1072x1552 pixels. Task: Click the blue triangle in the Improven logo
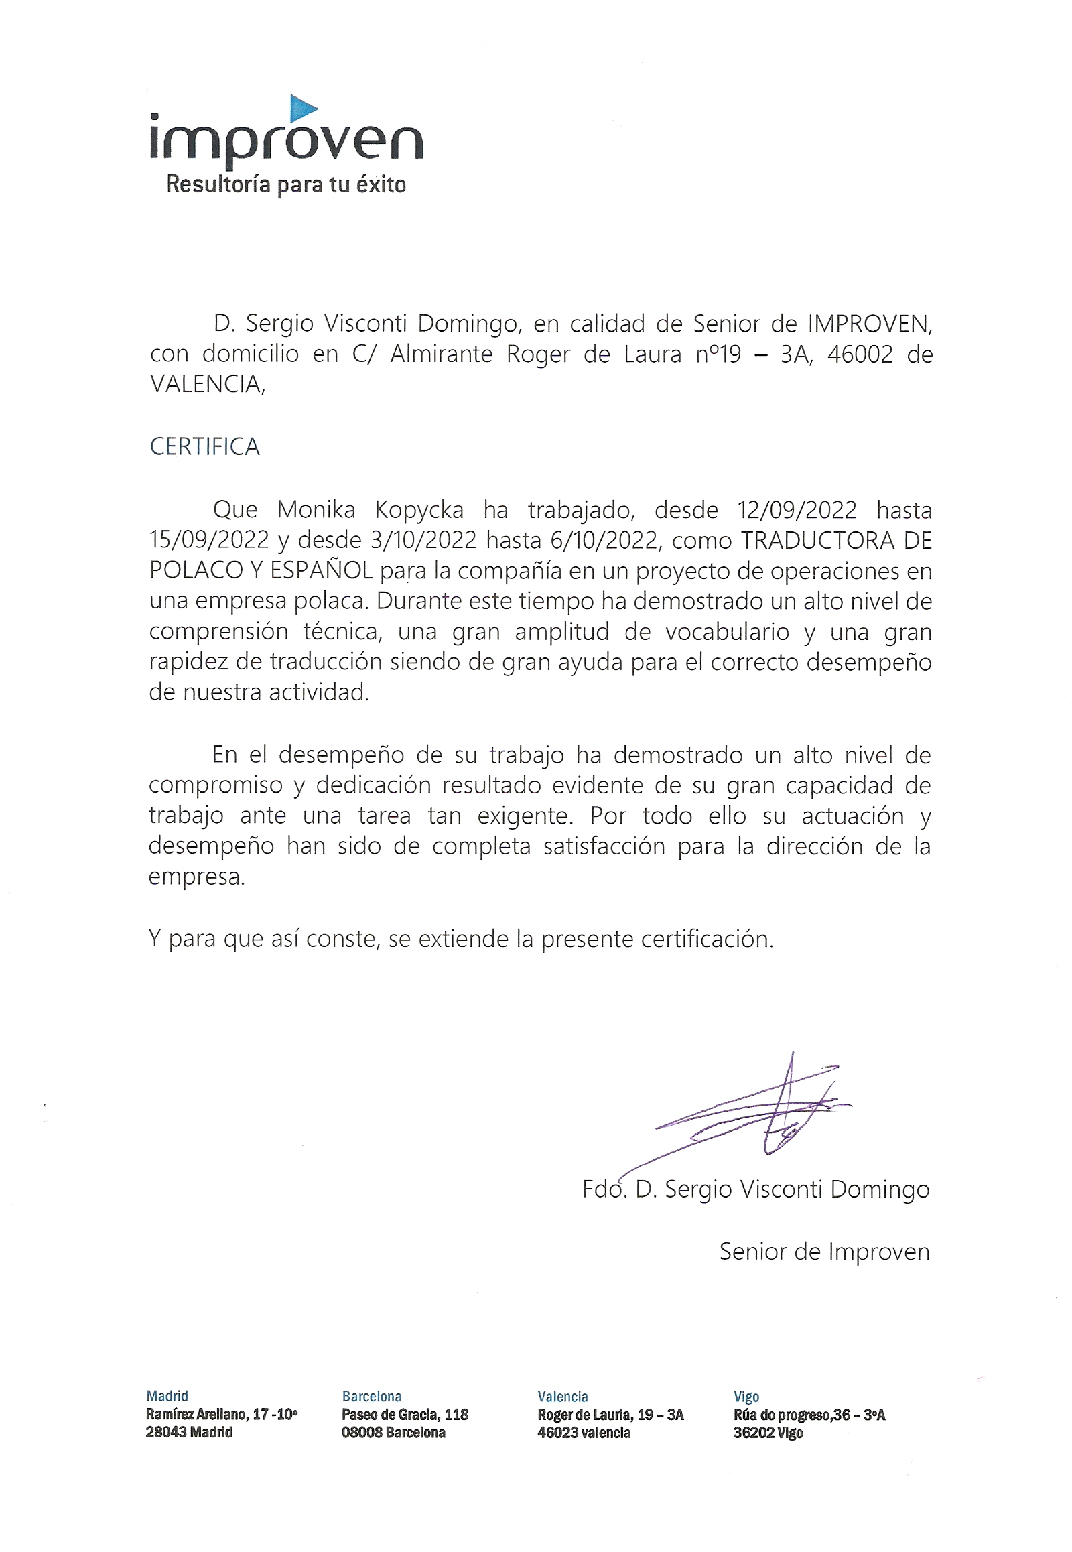coord(302,108)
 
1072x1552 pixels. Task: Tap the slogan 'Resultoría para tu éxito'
coord(286,185)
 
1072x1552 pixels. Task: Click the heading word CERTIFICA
coord(204,447)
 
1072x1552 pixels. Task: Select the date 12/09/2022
coord(797,510)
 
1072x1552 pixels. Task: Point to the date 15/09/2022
coord(209,540)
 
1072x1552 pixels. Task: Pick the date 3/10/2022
coord(423,540)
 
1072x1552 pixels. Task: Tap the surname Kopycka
coord(419,511)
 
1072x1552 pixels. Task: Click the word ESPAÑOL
coord(321,570)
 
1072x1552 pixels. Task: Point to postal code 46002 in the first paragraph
coord(860,354)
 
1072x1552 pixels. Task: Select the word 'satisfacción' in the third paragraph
coord(604,846)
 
